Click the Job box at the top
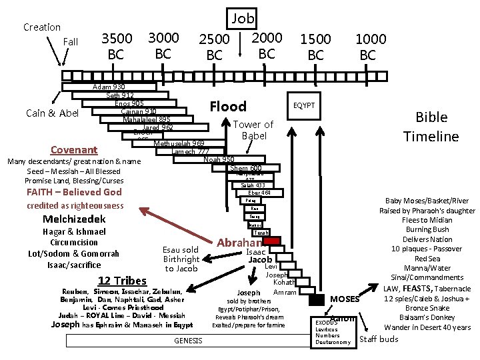point(243,18)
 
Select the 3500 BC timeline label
point(116,46)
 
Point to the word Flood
point(228,107)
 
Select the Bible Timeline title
point(431,127)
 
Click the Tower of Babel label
point(253,130)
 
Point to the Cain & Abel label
point(52,113)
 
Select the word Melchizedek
point(74,219)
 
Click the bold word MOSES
point(345,299)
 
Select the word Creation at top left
point(42,27)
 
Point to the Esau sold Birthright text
point(181,259)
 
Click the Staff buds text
point(379,339)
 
